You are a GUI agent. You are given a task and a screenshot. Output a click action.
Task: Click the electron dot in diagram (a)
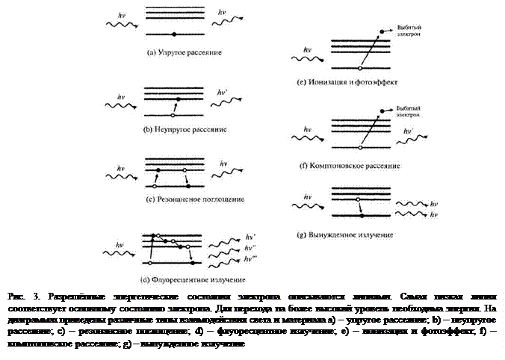click(174, 35)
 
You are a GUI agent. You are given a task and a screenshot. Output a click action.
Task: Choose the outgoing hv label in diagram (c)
click(223, 164)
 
